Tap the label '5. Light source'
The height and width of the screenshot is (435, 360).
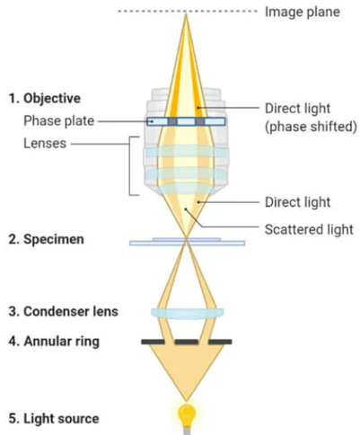(x=54, y=419)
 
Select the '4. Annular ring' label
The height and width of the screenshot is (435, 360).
(x=54, y=342)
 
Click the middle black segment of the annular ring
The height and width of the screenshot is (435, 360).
(x=187, y=342)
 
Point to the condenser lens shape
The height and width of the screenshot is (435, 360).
(x=187, y=314)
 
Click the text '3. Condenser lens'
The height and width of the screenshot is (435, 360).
(x=63, y=312)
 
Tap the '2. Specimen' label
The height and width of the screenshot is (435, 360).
(x=46, y=239)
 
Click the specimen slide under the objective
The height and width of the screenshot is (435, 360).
(x=187, y=242)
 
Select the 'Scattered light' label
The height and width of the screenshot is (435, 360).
(x=309, y=229)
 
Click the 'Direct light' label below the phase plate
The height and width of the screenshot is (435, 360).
(x=298, y=202)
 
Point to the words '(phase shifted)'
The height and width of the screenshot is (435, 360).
(x=311, y=127)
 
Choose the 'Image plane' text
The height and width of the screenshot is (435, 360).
(x=303, y=12)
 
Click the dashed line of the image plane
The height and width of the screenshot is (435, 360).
(x=188, y=12)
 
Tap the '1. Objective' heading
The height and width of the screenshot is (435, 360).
(x=45, y=98)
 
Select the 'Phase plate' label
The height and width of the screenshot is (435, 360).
(x=59, y=120)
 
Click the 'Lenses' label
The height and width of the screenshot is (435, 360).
(x=45, y=144)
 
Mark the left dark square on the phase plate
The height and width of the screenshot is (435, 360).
(x=172, y=121)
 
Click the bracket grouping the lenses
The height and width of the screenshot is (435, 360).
(x=130, y=166)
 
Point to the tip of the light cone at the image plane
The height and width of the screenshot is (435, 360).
(x=186, y=13)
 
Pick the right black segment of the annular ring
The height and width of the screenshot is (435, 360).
(x=220, y=342)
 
